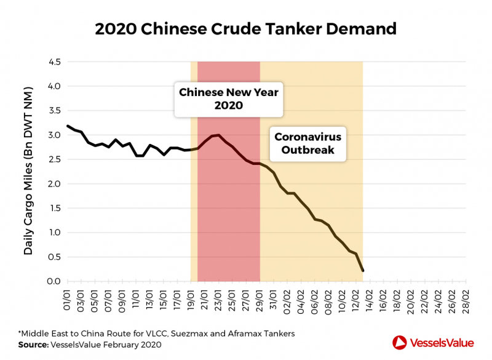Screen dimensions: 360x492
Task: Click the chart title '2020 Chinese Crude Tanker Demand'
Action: [x=246, y=28]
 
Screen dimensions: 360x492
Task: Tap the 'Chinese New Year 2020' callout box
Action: [x=229, y=98]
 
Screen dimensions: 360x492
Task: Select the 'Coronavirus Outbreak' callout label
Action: [x=307, y=143]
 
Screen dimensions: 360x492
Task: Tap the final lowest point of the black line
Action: [x=363, y=270]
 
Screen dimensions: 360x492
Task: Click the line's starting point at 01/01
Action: [x=67, y=126]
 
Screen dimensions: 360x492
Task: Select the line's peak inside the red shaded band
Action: [x=219, y=135]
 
